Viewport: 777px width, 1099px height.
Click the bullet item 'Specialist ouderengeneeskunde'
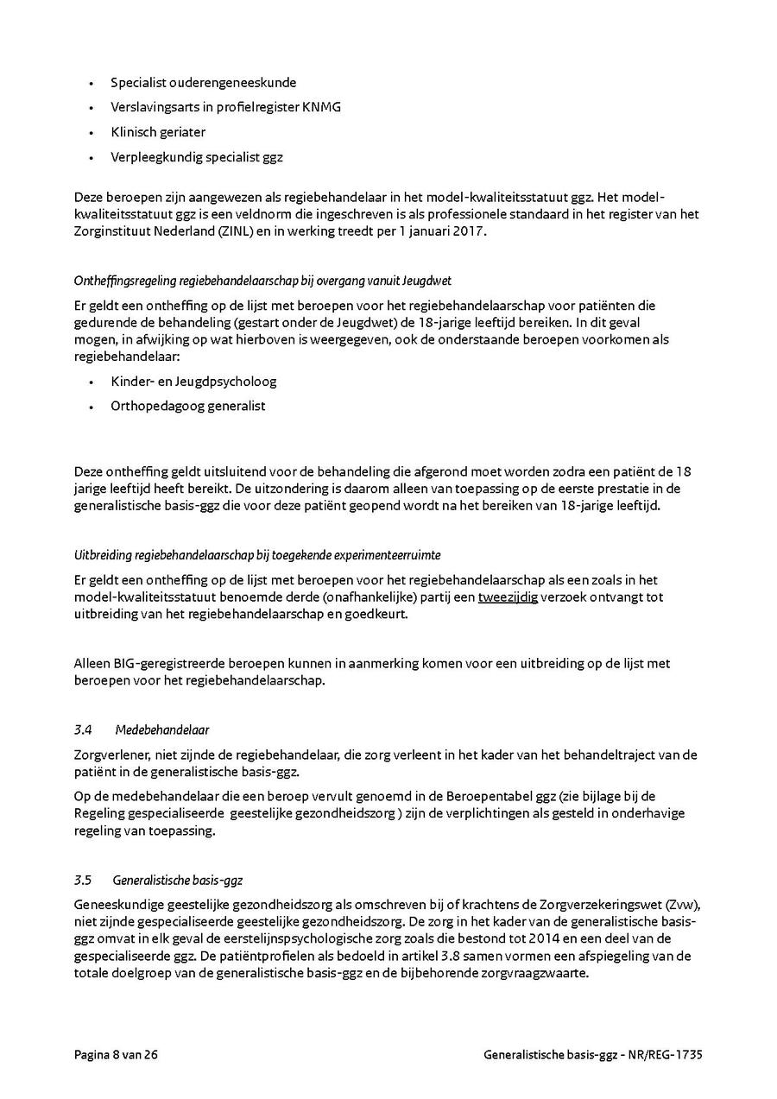click(203, 83)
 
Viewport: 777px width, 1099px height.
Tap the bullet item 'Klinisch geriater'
click(158, 132)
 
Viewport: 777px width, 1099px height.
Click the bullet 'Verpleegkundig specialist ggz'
click(197, 157)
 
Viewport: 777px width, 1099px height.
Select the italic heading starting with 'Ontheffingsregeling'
click(262, 281)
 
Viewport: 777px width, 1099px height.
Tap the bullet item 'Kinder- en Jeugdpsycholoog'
click(193, 381)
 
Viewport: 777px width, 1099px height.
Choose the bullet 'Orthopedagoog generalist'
click(187, 406)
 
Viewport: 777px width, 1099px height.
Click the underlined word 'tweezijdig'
click(508, 597)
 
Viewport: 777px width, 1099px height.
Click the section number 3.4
click(83, 730)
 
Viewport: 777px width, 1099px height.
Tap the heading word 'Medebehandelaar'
click(161, 730)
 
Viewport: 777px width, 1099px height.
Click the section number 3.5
click(83, 881)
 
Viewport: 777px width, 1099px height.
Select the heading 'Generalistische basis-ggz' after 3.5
click(177, 881)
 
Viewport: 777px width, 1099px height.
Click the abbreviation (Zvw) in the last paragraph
click(681, 904)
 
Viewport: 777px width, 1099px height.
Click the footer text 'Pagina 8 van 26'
click(116, 1055)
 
